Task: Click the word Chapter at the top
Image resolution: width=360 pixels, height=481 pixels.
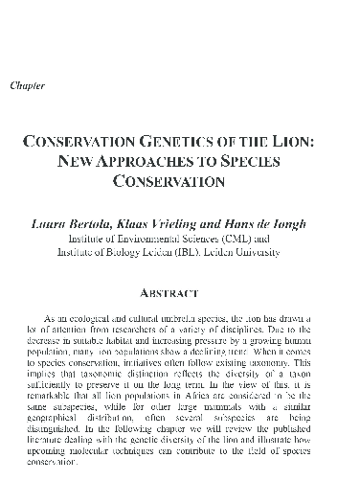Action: point(29,86)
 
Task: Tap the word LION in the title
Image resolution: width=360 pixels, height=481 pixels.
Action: point(306,139)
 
